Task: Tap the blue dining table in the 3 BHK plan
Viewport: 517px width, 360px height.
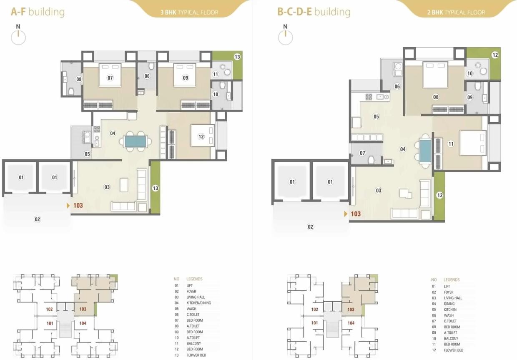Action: (x=136, y=141)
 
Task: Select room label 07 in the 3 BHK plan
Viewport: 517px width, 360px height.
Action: (x=110, y=78)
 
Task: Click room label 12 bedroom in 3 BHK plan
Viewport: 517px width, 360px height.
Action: (x=201, y=136)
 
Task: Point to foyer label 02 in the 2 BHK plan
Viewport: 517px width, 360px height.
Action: (x=310, y=227)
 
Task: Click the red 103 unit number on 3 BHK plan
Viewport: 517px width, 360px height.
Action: (x=78, y=205)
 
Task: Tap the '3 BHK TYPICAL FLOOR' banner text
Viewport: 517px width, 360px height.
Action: (x=189, y=12)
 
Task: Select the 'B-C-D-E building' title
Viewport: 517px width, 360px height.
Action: (x=314, y=11)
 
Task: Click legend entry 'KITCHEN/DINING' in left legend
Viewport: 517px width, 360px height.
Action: (x=198, y=303)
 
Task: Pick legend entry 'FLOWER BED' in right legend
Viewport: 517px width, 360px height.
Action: (x=453, y=350)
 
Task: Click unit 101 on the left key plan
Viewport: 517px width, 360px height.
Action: (x=50, y=323)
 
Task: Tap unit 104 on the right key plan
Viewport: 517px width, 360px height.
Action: (x=351, y=323)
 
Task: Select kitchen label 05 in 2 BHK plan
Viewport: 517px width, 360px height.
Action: (x=376, y=117)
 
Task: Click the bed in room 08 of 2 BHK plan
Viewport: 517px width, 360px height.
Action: (x=435, y=75)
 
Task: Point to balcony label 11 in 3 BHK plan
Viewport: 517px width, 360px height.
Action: (x=216, y=75)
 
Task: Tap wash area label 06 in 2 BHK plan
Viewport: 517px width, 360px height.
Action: (x=397, y=87)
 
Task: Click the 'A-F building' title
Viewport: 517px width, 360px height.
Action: (x=38, y=11)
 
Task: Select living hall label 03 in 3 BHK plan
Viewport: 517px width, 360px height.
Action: (x=107, y=187)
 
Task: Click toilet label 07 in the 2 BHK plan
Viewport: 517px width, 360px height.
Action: (x=362, y=153)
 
